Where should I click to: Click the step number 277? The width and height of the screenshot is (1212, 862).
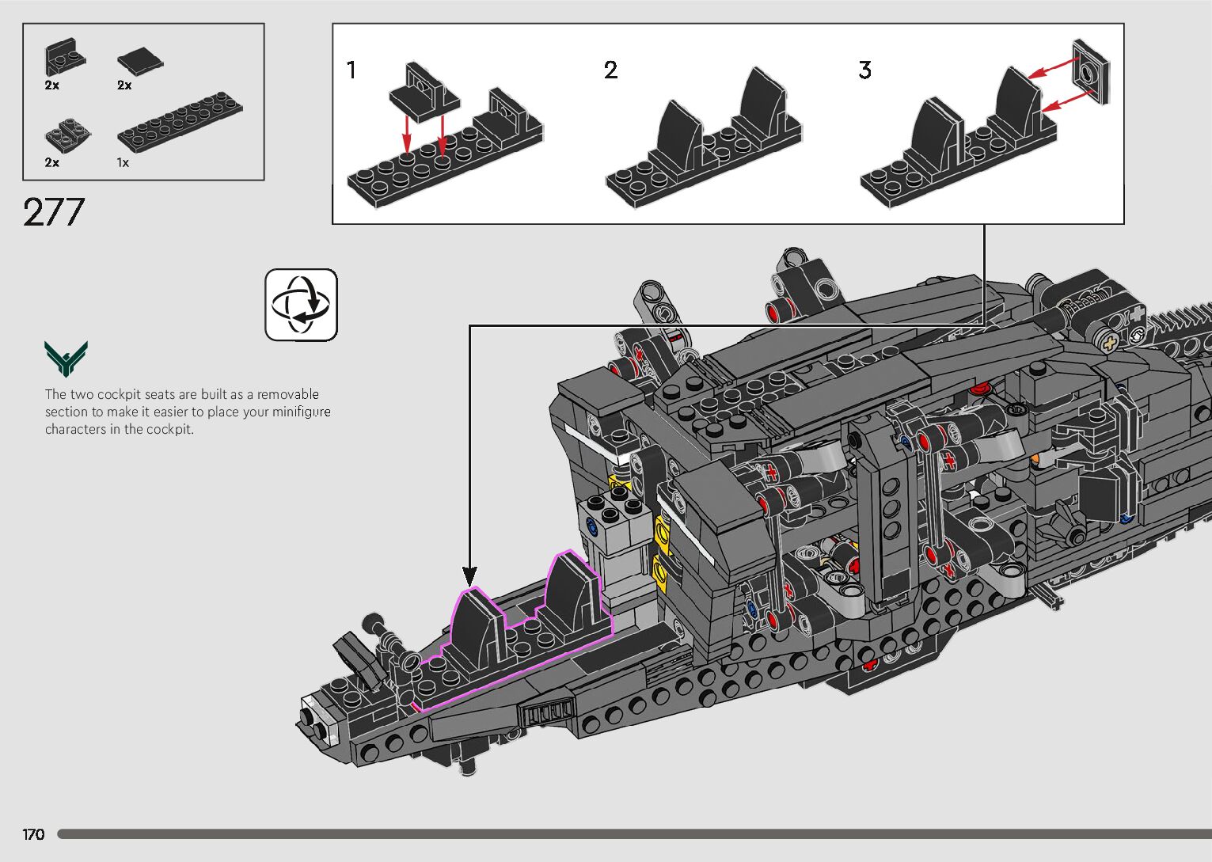(x=54, y=212)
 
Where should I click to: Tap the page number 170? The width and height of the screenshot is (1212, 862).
(x=33, y=834)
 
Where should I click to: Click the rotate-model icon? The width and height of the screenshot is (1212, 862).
(x=301, y=305)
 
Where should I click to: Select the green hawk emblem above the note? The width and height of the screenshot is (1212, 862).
(x=66, y=359)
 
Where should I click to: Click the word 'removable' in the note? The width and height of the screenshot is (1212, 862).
(x=288, y=394)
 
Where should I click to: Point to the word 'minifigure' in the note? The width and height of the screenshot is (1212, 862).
(x=301, y=412)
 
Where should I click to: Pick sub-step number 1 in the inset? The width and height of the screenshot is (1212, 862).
(x=351, y=70)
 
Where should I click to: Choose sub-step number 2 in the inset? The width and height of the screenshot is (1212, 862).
(x=610, y=70)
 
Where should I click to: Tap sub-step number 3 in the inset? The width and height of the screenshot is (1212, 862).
(x=864, y=70)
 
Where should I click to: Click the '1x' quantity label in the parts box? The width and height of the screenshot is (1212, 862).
(x=123, y=162)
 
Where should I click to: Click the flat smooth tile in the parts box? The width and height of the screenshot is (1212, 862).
(x=140, y=60)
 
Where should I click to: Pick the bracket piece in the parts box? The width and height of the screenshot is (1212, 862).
(x=65, y=57)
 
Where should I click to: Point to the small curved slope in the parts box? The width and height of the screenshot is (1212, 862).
(x=67, y=135)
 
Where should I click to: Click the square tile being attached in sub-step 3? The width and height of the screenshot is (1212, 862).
(x=1090, y=71)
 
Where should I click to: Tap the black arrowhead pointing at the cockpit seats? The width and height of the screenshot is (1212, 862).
(x=469, y=575)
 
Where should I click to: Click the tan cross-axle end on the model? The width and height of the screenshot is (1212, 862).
(x=1108, y=342)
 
